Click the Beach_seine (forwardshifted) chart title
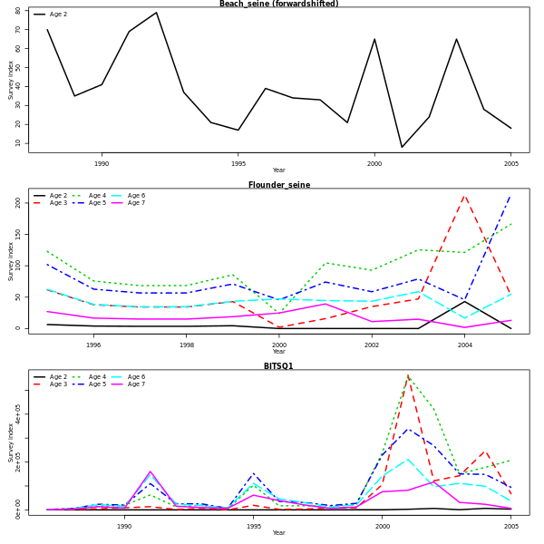pos(278,4)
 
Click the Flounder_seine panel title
pos(278,185)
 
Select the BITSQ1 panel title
pos(278,366)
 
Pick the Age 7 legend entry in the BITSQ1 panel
pos(136,384)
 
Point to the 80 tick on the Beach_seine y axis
pos(20,12)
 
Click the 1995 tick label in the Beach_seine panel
pos(238,163)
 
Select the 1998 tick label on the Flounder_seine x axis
pos(186,345)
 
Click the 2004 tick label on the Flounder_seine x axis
pos(465,345)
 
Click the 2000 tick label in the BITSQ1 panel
pos(383,526)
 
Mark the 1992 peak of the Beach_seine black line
pos(156,12)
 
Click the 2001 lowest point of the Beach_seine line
pos(402,147)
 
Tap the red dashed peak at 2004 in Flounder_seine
pos(464,194)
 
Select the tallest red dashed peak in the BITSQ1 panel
pos(408,375)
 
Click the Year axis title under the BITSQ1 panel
pos(278,533)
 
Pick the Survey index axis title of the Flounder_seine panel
pos(12,261)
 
